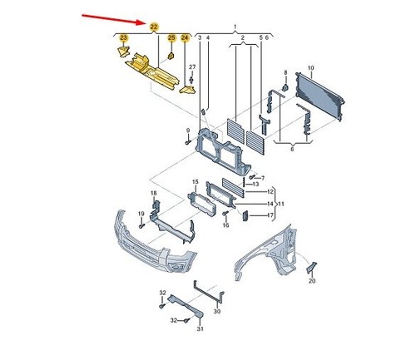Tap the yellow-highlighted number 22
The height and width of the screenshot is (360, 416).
pyautogui.click(x=154, y=27)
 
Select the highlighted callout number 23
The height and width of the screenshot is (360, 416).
pyautogui.click(x=123, y=37)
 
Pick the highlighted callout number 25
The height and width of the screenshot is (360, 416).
pyautogui.click(x=171, y=37)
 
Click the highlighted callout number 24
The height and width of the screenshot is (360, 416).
pyautogui.click(x=185, y=37)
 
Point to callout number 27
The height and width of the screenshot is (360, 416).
pyautogui.click(x=192, y=67)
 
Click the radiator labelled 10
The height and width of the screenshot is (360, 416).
pyautogui.click(x=320, y=96)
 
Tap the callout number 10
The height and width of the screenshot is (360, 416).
pyautogui.click(x=310, y=68)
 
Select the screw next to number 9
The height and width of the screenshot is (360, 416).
pyautogui.click(x=188, y=142)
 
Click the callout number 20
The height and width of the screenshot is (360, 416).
pyautogui.click(x=312, y=281)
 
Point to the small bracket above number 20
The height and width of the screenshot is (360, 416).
pyautogui.click(x=312, y=268)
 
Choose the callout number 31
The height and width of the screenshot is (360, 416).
pyautogui.click(x=201, y=328)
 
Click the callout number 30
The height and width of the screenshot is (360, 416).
pyautogui.click(x=217, y=312)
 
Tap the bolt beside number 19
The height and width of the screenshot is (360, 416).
pyautogui.click(x=141, y=226)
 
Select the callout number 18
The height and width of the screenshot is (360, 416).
pyautogui.click(x=154, y=193)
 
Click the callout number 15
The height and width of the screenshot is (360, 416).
pyautogui.click(x=196, y=182)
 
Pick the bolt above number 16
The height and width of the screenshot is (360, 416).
pyautogui.click(x=225, y=214)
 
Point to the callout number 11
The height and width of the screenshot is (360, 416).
pyautogui.click(x=281, y=205)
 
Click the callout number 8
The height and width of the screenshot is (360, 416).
pyautogui.click(x=285, y=72)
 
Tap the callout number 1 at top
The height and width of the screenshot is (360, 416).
pyautogui.click(x=235, y=27)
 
